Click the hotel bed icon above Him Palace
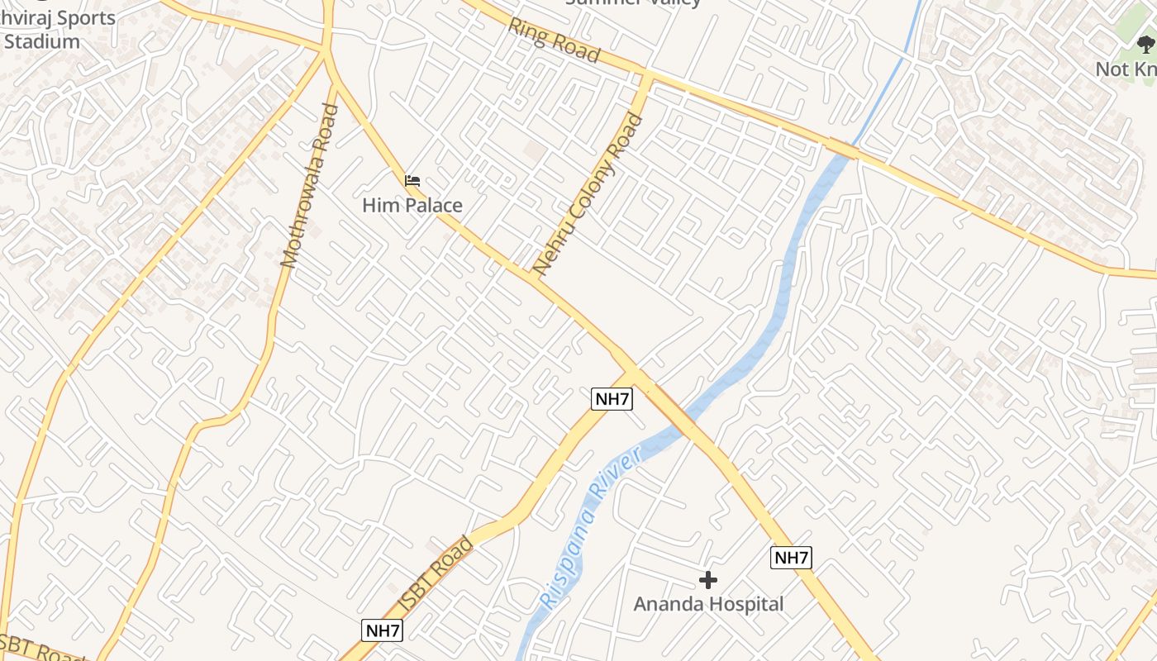[x=412, y=180]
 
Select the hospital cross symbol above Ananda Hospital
[x=708, y=580]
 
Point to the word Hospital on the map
[x=742, y=604]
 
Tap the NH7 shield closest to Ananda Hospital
[x=791, y=558]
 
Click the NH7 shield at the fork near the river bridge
[x=612, y=399]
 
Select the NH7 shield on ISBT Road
[x=383, y=630]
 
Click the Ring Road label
[x=554, y=40]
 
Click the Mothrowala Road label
[x=309, y=186]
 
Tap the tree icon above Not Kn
[x=1145, y=45]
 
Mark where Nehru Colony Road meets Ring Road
[x=646, y=78]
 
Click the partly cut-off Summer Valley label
[x=633, y=2]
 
